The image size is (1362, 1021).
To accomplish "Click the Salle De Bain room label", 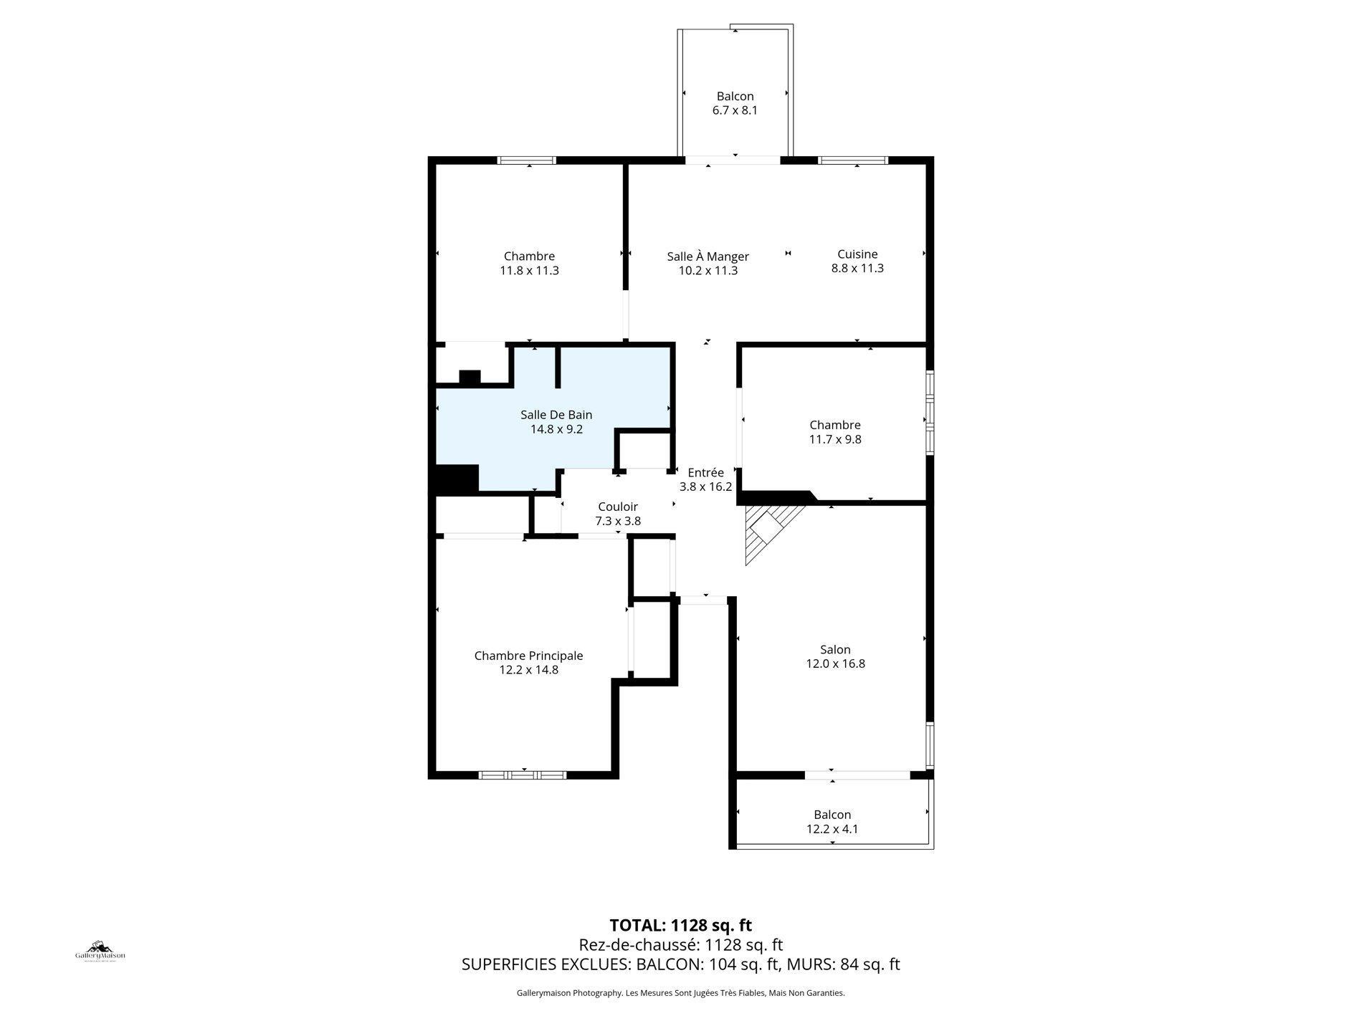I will pos(556,415).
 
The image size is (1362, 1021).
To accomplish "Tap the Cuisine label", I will pos(857,254).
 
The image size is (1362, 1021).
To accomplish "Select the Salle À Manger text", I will pos(708,257).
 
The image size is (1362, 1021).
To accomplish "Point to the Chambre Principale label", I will pos(528,656).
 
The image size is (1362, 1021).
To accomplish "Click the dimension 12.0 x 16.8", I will pos(835,664).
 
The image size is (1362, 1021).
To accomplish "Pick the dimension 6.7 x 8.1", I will pos(735,111).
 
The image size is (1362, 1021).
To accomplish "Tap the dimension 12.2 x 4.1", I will pos(832,829).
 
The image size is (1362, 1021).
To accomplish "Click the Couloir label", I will pos(618,507).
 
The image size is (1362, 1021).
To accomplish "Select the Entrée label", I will pos(705,473).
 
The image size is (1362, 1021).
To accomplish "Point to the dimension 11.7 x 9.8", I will pos(835,439).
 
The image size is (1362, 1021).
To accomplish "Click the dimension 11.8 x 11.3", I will pos(529,271).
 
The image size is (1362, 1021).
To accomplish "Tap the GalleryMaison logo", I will pos(100,952).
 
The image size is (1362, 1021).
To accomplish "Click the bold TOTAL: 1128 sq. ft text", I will pos(680,925).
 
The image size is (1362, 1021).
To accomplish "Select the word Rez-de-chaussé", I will pos(639,945).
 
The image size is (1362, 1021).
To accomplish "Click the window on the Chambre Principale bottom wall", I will pos(522,775).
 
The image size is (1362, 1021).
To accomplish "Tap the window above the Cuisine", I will pos(853,160).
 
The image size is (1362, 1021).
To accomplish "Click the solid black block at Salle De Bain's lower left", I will pos(454,479).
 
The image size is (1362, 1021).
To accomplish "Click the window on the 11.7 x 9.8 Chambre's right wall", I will pos(929,412).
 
